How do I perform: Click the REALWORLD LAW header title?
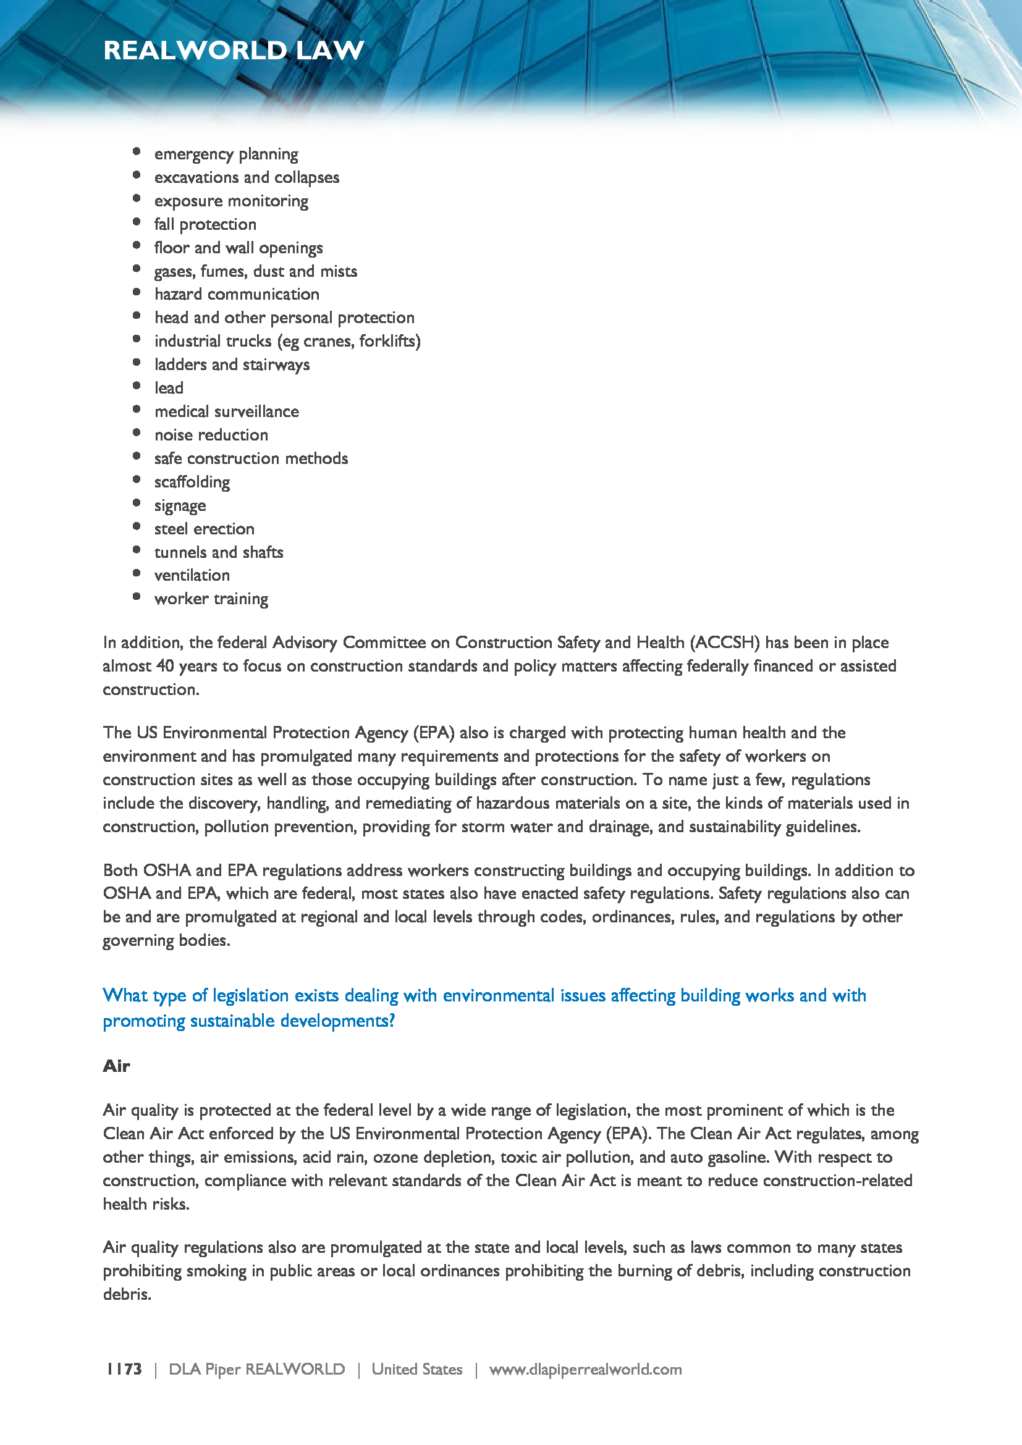pos(234,50)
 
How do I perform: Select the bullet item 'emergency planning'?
pos(226,154)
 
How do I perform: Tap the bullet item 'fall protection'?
pos(205,225)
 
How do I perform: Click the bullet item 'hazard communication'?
pos(237,295)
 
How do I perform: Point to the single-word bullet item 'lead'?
pos(169,389)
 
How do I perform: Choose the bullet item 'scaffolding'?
pos(192,482)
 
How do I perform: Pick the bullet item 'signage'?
pos(180,506)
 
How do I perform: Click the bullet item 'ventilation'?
pos(192,575)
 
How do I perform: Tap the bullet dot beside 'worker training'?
pos(137,597)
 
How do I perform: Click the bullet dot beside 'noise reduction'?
pos(137,433)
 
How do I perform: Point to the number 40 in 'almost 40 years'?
pos(165,666)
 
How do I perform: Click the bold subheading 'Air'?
pos(116,1066)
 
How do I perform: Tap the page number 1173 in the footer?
pos(124,1369)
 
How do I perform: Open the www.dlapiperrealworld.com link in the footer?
pos(585,1370)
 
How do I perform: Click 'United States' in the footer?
pos(416,1370)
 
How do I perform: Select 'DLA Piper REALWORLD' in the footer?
pos(257,1370)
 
